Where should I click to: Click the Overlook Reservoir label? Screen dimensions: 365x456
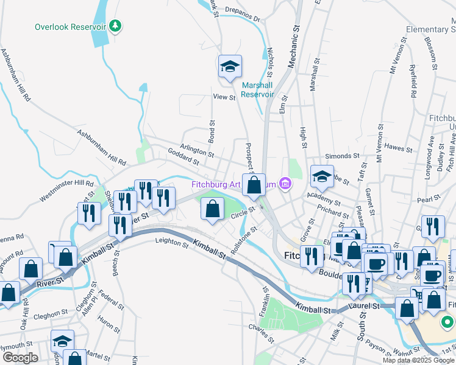click(71, 27)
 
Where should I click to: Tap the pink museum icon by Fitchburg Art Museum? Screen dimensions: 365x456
click(285, 182)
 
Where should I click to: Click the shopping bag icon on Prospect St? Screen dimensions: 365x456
click(254, 184)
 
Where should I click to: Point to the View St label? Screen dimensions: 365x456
click(224, 97)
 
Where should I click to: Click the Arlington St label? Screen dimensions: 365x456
click(196, 150)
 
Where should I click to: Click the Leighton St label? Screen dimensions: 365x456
click(172, 243)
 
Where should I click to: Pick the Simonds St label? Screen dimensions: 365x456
click(340, 156)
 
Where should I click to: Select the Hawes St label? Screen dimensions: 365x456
click(399, 147)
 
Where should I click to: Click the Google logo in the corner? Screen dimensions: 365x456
click(20, 358)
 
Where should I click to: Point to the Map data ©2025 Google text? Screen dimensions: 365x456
click(418, 360)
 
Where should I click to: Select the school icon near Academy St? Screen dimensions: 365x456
click(322, 176)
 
